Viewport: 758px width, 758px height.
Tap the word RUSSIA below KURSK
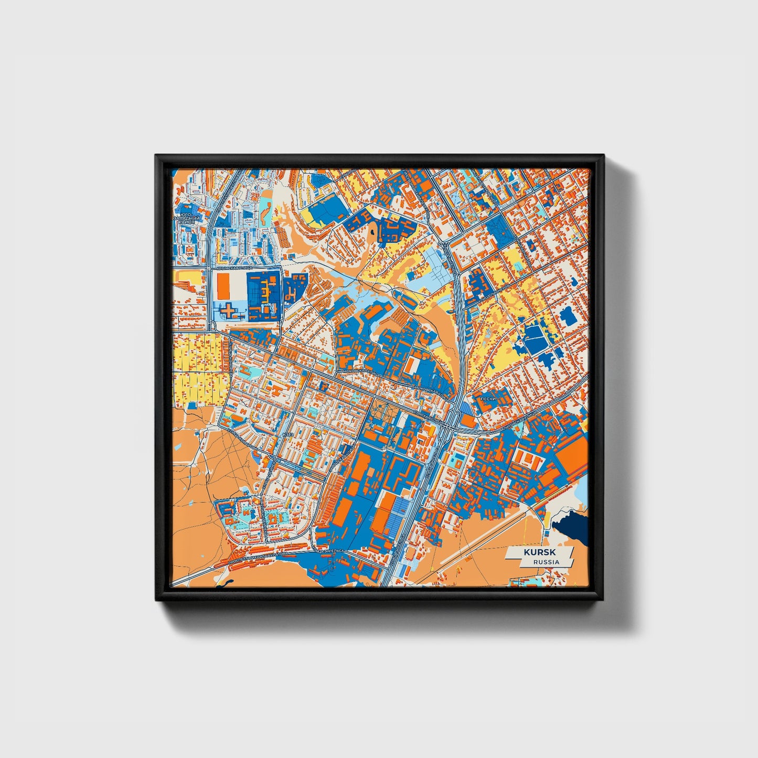(x=546, y=562)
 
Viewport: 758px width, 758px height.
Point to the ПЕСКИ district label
(x=487, y=399)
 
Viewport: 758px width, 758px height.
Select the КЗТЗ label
(x=287, y=434)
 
